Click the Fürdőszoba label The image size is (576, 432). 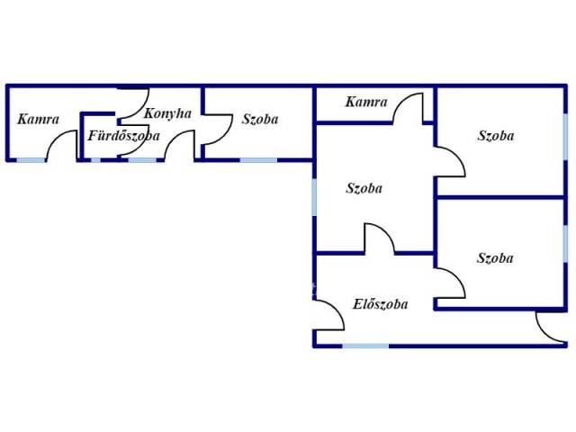pyautogui.click(x=123, y=136)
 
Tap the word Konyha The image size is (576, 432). pyautogui.click(x=167, y=114)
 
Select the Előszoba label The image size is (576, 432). pyautogui.click(x=380, y=304)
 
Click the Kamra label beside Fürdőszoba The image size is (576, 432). pyautogui.click(x=38, y=119)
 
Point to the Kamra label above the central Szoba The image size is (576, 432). pyautogui.click(x=365, y=102)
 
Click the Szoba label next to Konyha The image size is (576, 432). pyautogui.click(x=260, y=119)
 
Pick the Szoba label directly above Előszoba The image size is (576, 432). pyautogui.click(x=364, y=188)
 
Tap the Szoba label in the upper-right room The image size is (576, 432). pyautogui.click(x=496, y=136)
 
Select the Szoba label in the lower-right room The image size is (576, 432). pyautogui.click(x=496, y=257)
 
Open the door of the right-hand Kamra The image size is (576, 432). pyautogui.click(x=409, y=110)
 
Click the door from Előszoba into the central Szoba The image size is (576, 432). pyautogui.click(x=379, y=239)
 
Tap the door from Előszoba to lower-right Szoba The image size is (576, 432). pyautogui.click(x=450, y=283)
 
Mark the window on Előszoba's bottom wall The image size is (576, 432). pyautogui.click(x=365, y=345)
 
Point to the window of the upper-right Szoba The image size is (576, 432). pyautogui.click(x=565, y=141)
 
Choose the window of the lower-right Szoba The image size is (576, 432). pyautogui.click(x=565, y=254)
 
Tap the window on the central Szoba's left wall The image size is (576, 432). pyautogui.click(x=315, y=197)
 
